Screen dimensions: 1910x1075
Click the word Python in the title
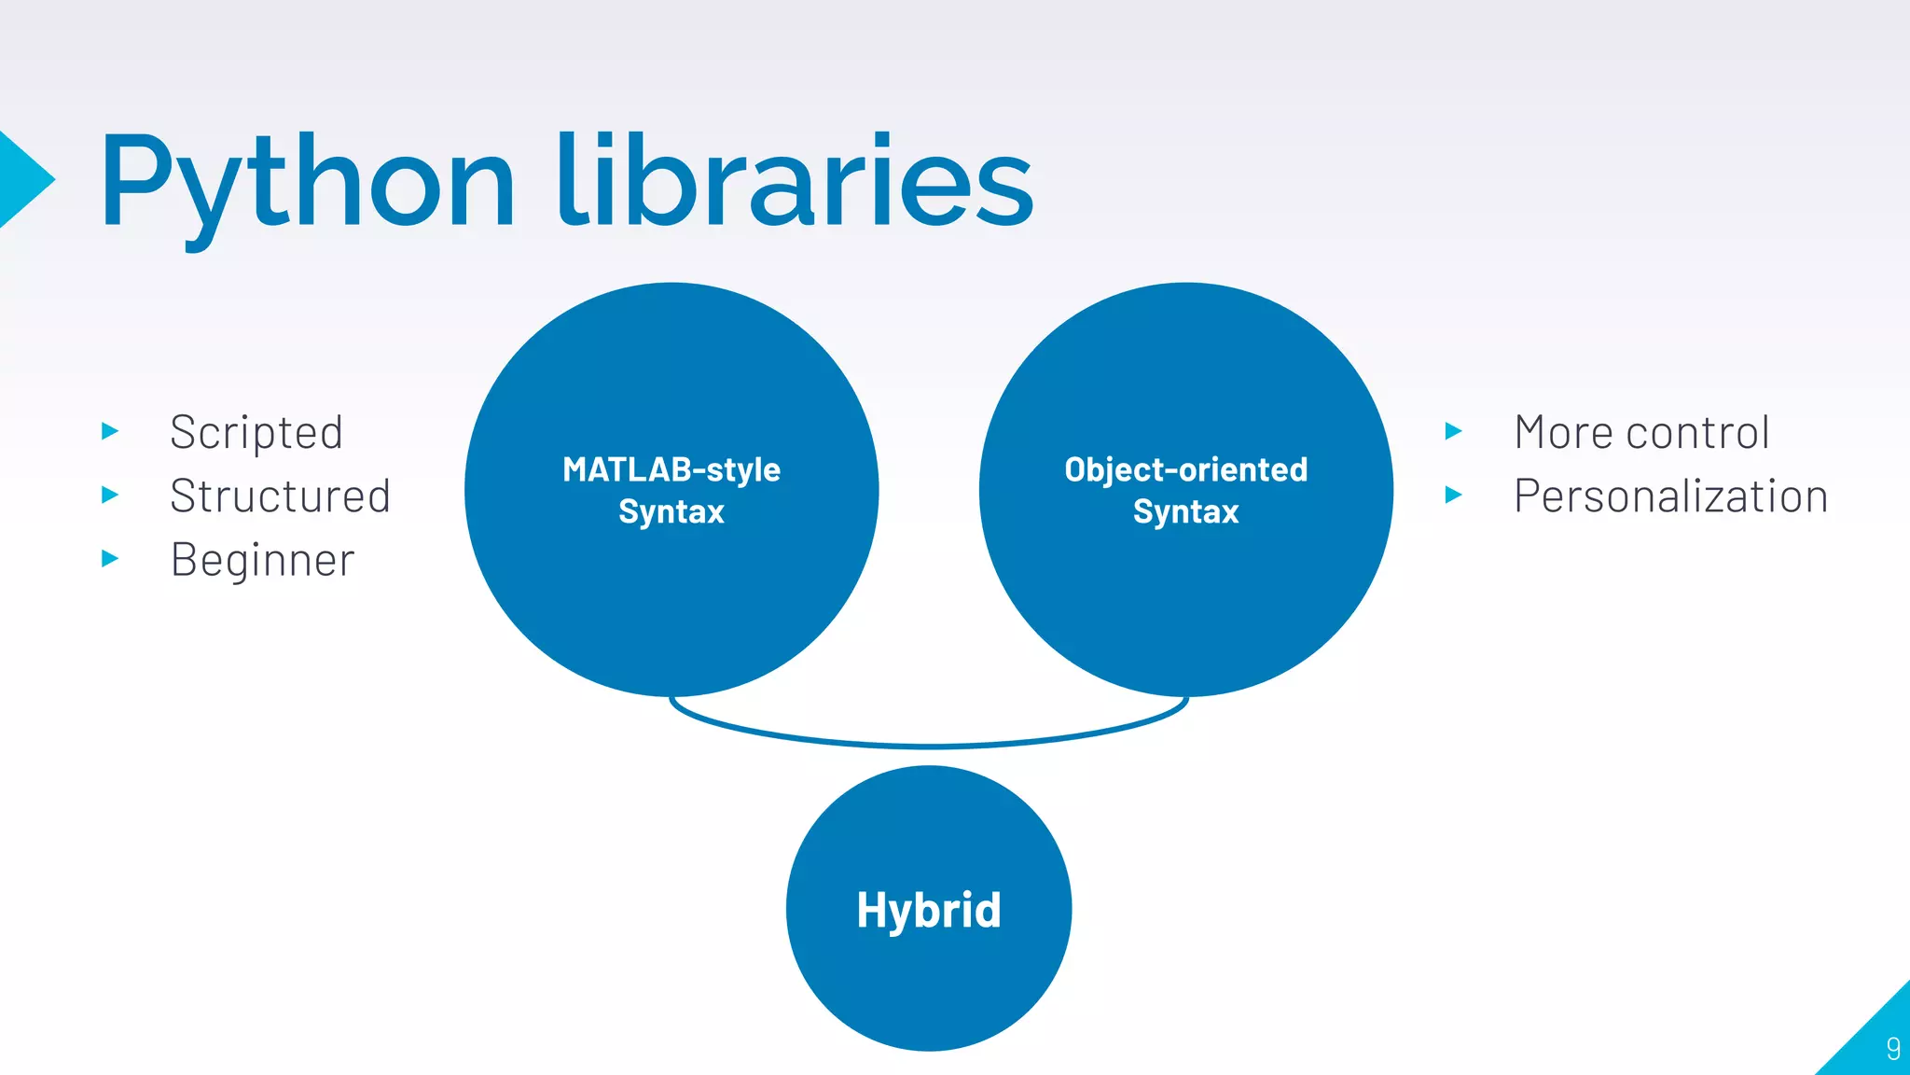pyautogui.click(x=308, y=182)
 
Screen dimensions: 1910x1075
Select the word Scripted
pyautogui.click(x=256, y=433)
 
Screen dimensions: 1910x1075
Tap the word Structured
pyautogui.click(x=280, y=496)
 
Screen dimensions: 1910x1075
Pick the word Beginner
pyautogui.click(x=262, y=561)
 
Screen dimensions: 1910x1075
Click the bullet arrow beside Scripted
pyautogui.click(x=110, y=431)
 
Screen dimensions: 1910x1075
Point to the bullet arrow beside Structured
pyautogui.click(x=110, y=495)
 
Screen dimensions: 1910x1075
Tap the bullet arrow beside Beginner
pyautogui.click(x=110, y=559)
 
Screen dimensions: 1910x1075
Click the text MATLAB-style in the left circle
pyautogui.click(x=671, y=469)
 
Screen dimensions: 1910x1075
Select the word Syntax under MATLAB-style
pyautogui.click(x=671, y=512)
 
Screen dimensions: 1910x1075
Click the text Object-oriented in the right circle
pyautogui.click(x=1185, y=469)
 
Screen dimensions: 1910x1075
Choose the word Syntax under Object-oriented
pyautogui.click(x=1185, y=512)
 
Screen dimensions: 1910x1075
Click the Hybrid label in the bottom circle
pyautogui.click(x=929, y=911)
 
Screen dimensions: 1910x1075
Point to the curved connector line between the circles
pyautogui.click(x=929, y=746)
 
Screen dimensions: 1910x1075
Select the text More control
pyautogui.click(x=1641, y=433)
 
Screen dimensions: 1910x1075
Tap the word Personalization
pyautogui.click(x=1670, y=496)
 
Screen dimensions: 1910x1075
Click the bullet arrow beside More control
pyautogui.click(x=1453, y=431)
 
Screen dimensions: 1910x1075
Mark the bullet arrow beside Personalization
pyautogui.click(x=1453, y=495)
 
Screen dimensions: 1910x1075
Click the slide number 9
pyautogui.click(x=1892, y=1048)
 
